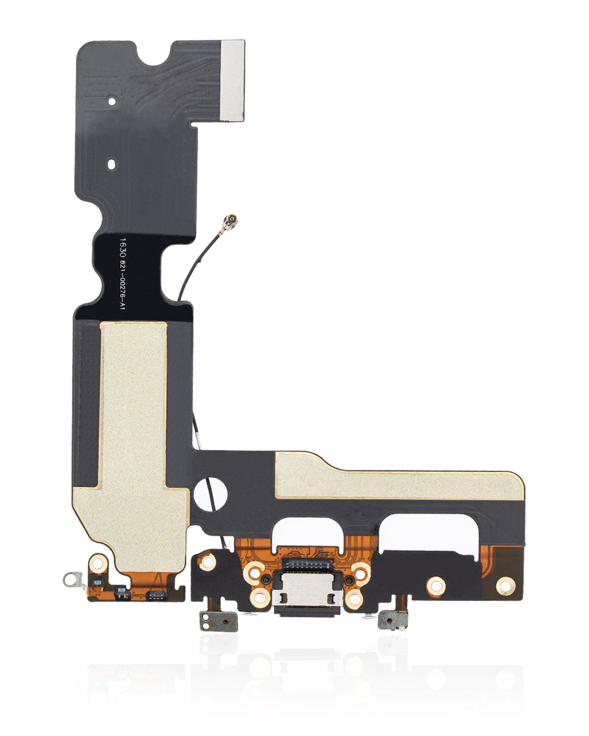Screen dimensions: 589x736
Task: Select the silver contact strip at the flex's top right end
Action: tap(232, 80)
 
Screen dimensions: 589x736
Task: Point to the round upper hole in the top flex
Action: tap(112, 101)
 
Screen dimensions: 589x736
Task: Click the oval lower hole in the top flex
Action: tap(112, 164)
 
